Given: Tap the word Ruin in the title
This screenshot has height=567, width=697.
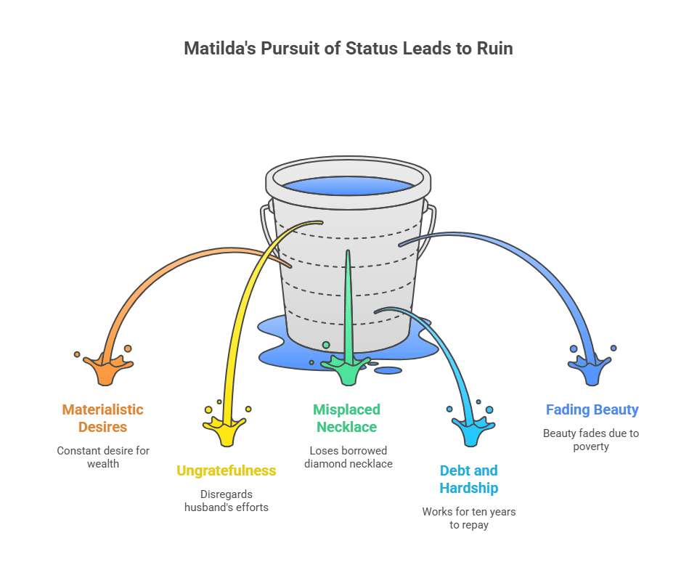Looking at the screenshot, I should tap(494, 49).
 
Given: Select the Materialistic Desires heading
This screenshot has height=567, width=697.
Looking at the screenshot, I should tap(103, 418).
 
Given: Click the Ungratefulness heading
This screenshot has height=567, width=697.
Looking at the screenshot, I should tap(227, 470).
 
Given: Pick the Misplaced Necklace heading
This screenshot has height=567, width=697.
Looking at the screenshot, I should tap(347, 418).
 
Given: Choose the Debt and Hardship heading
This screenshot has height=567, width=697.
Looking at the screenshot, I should tap(469, 479).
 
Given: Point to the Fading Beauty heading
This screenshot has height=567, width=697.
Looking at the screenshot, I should tap(592, 409).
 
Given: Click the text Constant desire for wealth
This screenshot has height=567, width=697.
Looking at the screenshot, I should tap(103, 457).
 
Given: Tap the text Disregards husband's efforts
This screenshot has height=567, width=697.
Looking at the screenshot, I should tap(227, 500).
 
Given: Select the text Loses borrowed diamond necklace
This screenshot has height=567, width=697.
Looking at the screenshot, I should tap(347, 457).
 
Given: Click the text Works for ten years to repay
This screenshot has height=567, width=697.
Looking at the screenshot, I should tap(469, 518).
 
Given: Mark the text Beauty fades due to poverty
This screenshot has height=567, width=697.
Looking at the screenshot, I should tap(592, 440).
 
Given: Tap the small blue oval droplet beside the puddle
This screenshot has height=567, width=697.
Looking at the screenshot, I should tap(388, 370).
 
